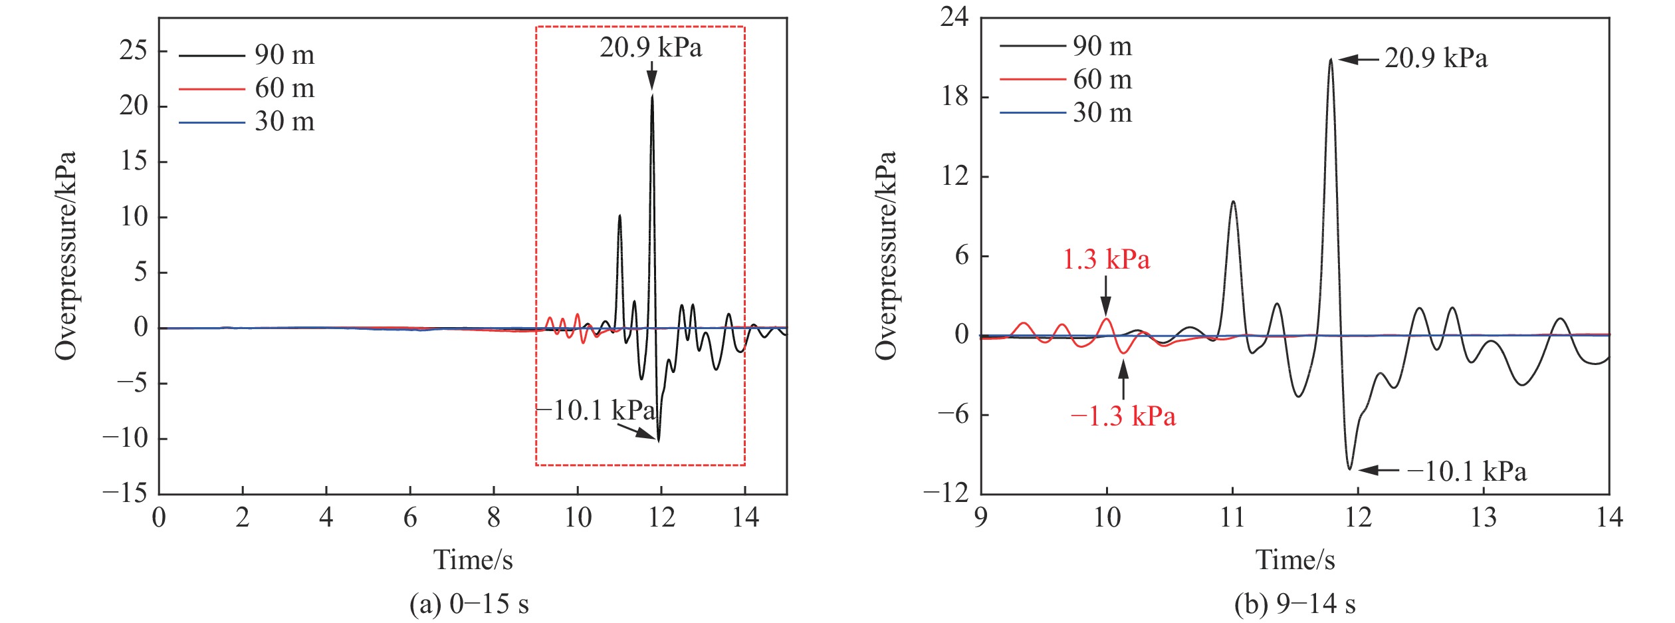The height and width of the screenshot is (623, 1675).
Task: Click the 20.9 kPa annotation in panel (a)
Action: tap(650, 48)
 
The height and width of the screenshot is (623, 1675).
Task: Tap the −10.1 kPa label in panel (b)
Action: tap(1466, 471)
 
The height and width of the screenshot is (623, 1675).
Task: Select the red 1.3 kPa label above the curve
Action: tap(1106, 259)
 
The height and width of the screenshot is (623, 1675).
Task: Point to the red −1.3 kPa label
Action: tap(1123, 417)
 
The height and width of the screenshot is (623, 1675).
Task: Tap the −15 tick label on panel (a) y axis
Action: tap(125, 493)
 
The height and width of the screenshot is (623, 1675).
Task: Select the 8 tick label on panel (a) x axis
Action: tap(493, 517)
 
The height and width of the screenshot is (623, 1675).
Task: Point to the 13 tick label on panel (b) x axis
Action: tap(1483, 517)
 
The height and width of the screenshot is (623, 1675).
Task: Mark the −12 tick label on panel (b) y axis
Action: tap(946, 493)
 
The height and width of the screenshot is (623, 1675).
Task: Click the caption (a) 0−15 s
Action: tap(469, 604)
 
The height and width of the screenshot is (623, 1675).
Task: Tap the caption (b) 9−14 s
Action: tap(1294, 604)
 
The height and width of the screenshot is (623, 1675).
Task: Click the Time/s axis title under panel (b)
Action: tap(1295, 560)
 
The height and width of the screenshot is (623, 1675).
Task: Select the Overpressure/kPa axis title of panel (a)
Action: tap(66, 256)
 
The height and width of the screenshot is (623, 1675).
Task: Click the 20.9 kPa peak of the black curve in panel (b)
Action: tap(1331, 60)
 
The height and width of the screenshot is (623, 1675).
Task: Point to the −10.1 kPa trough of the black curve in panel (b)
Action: tap(1349, 469)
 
